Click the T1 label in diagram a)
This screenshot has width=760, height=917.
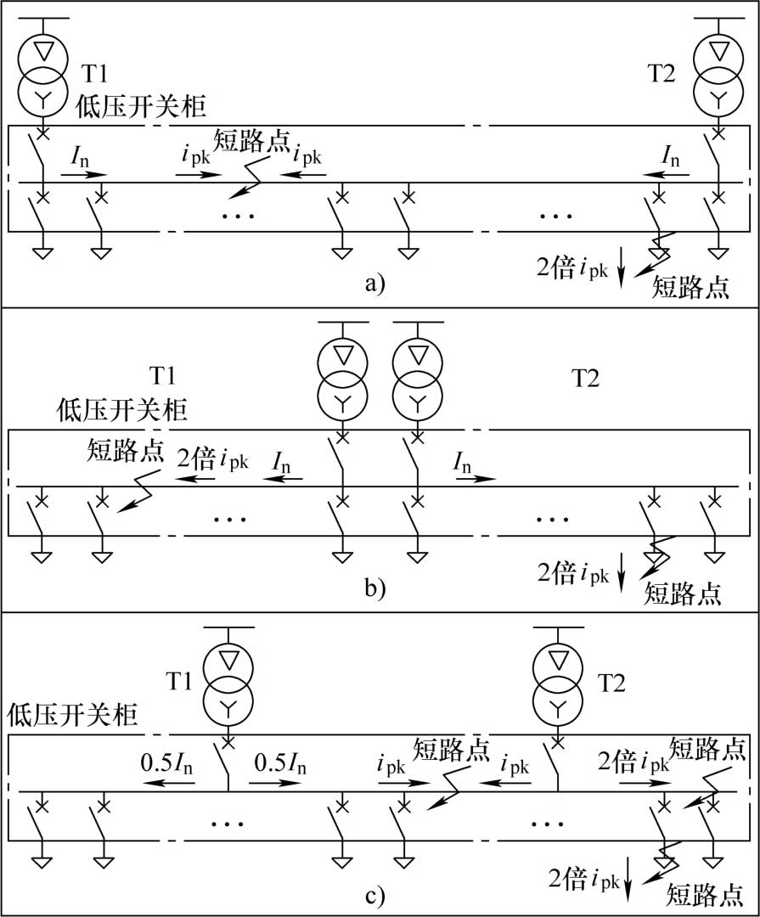95,74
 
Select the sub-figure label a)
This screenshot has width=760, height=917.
375,284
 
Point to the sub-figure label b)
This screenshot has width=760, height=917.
375,588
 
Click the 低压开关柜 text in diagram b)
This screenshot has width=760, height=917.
122,411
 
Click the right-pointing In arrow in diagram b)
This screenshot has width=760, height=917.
476,479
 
